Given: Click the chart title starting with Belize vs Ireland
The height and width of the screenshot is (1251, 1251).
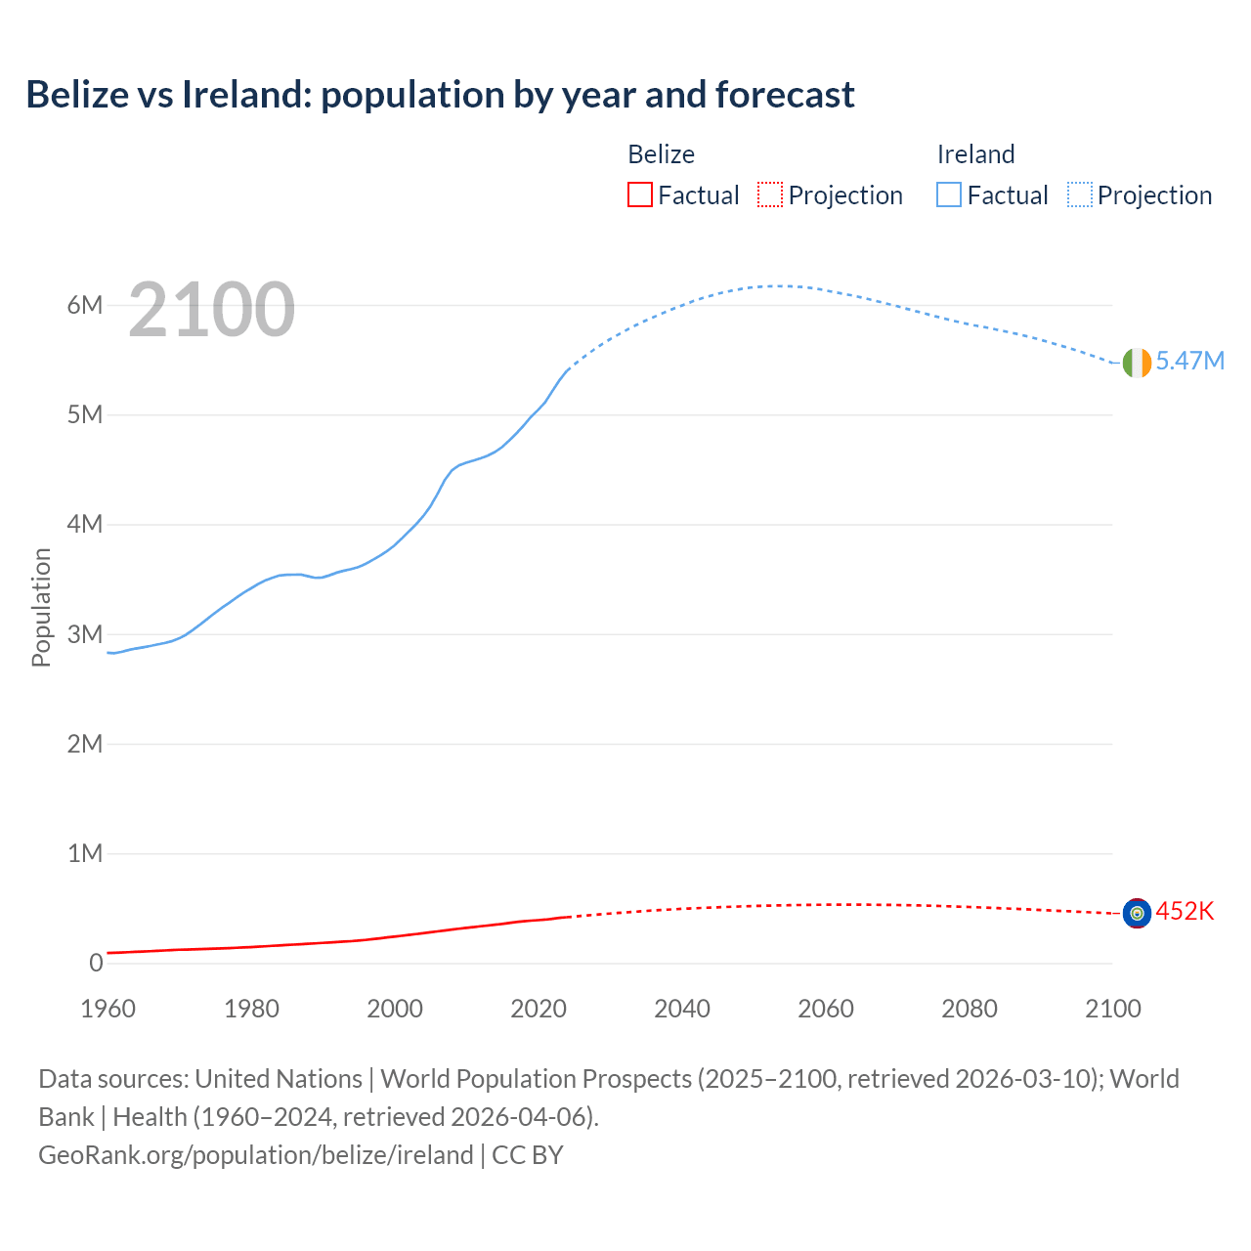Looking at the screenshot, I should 440,95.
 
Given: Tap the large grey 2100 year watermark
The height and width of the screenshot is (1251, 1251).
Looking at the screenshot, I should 211,310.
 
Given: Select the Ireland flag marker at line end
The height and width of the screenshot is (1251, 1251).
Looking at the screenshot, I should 1137,363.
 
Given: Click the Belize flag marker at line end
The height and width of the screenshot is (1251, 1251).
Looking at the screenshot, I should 1137,913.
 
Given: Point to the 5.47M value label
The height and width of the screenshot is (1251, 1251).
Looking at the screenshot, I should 1189,362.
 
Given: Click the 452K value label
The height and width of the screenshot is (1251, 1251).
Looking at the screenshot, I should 1185,912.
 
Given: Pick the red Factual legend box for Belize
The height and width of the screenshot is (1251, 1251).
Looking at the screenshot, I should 639,195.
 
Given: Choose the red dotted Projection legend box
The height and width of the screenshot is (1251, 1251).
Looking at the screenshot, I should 770,195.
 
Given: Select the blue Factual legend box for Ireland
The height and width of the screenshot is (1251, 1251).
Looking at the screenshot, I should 949,195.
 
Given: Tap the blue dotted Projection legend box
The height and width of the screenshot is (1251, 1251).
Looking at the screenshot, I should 1080,195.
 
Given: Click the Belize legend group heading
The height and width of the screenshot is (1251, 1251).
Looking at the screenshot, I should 661,154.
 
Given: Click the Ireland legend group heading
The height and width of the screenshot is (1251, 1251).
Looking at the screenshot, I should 975,154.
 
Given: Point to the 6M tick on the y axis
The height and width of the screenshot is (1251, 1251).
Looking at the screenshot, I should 85,305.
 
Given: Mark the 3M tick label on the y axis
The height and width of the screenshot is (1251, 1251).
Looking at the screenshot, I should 85,634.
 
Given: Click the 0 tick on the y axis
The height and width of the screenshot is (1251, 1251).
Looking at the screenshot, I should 96,963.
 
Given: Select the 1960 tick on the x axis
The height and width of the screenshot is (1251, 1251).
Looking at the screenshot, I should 108,1009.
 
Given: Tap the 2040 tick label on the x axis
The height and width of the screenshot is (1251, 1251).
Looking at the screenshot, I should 682,1009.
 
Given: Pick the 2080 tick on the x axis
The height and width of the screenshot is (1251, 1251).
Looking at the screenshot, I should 970,1009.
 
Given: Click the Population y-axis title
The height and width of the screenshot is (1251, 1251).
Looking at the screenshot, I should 41,607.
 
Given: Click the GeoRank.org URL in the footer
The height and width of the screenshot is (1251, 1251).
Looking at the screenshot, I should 256,1155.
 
